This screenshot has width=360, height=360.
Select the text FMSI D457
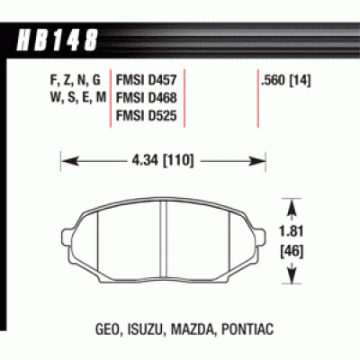tap(143, 79)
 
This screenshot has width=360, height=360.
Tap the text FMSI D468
tap(143, 97)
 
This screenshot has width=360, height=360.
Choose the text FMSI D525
tap(143, 115)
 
